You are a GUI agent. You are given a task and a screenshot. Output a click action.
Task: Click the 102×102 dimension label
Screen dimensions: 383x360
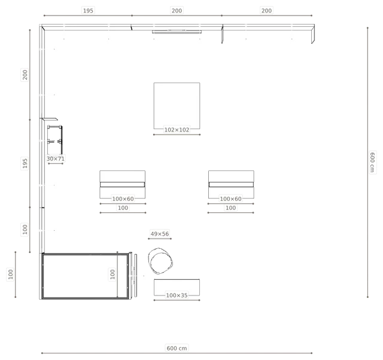177,130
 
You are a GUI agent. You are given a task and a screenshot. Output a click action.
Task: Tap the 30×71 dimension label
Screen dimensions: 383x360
56,159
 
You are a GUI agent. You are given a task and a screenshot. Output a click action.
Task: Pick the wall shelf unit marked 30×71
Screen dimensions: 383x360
54,140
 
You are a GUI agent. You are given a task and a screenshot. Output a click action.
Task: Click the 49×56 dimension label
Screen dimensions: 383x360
160,234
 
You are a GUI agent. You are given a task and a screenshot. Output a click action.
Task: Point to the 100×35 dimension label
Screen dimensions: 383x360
177,295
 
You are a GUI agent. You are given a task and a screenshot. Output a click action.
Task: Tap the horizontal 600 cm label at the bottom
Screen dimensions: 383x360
177,348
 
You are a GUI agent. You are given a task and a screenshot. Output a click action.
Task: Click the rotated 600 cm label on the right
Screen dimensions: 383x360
372,162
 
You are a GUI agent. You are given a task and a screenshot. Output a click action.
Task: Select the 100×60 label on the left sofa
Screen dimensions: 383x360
123,199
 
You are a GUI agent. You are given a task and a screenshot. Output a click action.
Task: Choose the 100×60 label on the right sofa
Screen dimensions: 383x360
230,199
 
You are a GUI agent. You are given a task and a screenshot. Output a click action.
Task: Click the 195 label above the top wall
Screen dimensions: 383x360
88,11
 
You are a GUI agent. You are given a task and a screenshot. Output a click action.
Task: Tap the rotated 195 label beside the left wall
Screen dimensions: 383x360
25,163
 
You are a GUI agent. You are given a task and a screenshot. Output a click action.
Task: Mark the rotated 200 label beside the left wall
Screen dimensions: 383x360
25,75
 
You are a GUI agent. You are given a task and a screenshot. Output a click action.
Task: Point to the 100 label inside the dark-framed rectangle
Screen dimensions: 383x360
113,274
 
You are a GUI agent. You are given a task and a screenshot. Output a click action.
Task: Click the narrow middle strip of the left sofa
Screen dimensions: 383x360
122,185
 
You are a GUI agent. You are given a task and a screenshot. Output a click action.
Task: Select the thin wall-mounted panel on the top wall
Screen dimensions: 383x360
177,32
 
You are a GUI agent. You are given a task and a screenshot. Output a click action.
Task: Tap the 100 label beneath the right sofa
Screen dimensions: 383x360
230,208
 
